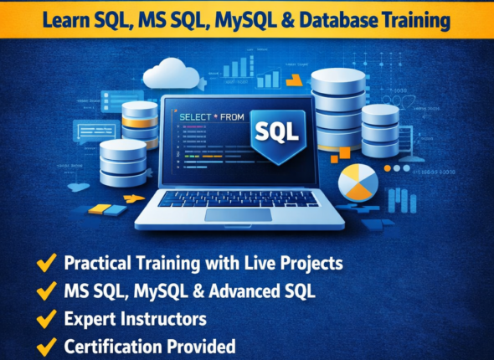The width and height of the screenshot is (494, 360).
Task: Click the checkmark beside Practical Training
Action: (46, 263)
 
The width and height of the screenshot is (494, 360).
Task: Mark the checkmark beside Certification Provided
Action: (46, 345)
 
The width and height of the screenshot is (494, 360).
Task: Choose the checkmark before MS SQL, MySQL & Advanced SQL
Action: (46, 291)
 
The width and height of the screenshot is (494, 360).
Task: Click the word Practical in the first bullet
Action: (96, 263)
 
